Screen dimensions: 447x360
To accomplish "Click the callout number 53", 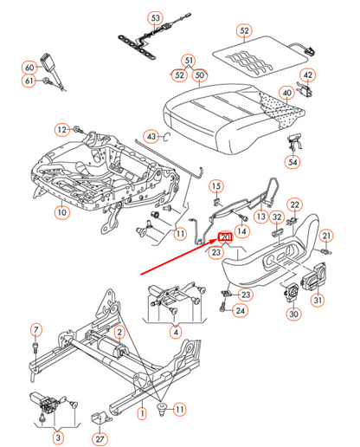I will pos(155,18).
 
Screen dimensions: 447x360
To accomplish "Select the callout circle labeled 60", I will pos(29,67).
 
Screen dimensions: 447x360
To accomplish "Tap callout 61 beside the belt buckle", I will pos(29,81).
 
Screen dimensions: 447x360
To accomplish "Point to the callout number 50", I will pos(199,75).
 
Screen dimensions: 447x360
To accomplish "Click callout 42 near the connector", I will pos(309,75).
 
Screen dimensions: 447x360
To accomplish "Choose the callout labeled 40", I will pos(286,94).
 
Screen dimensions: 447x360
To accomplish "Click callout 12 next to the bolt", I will pos(61,130).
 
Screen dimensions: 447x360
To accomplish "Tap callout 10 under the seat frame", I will pos(61,211).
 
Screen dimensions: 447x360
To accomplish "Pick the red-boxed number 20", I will pos(226,236).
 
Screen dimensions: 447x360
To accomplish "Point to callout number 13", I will pos(260,216).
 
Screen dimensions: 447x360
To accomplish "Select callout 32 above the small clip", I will pos(278,217).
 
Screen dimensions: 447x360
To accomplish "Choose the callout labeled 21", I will pos(326,236).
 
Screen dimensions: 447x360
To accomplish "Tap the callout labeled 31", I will pos(318,301).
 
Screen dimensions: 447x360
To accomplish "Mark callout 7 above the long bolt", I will pos(36,329).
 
